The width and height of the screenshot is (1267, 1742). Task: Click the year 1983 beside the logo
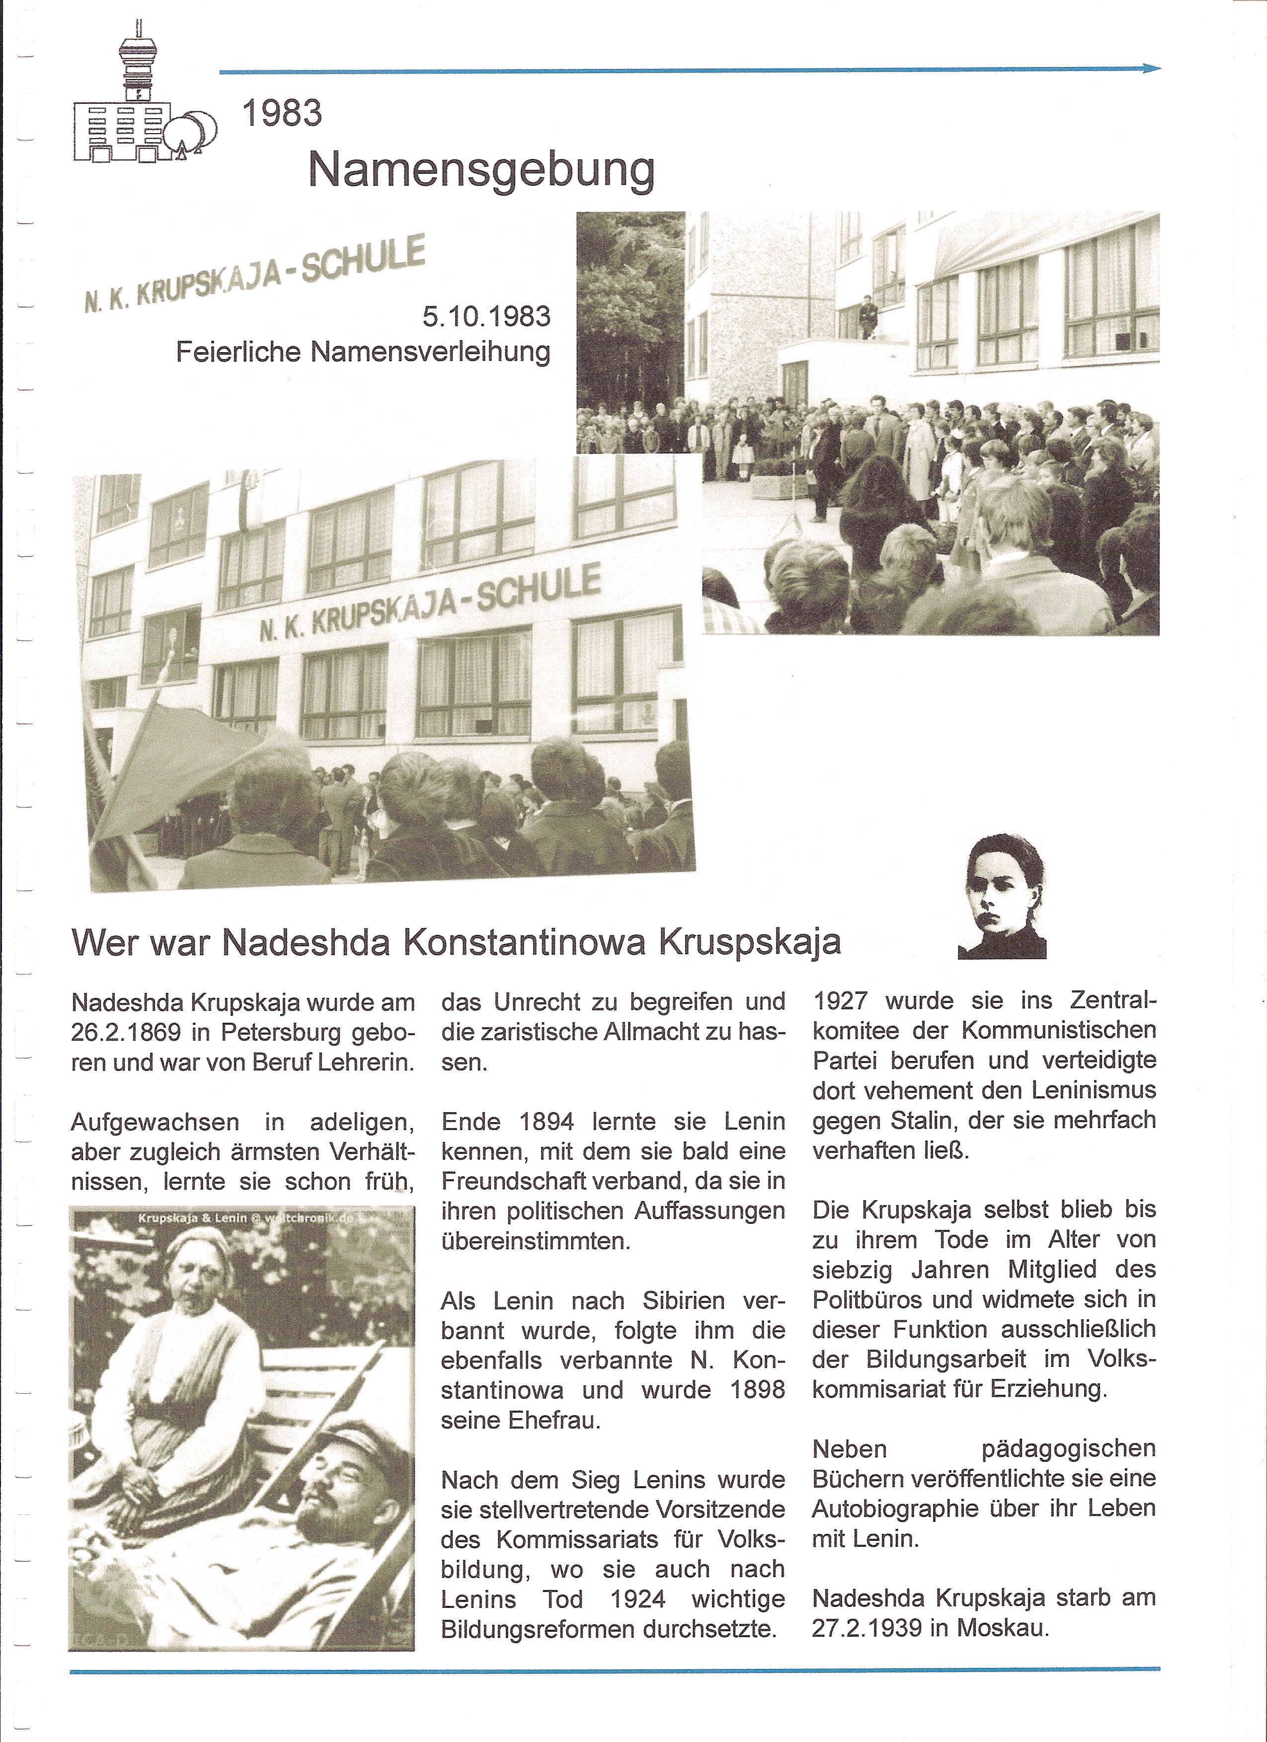[282, 114]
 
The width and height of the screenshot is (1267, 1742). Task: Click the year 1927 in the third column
[841, 1001]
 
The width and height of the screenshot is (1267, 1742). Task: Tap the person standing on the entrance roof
[868, 316]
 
